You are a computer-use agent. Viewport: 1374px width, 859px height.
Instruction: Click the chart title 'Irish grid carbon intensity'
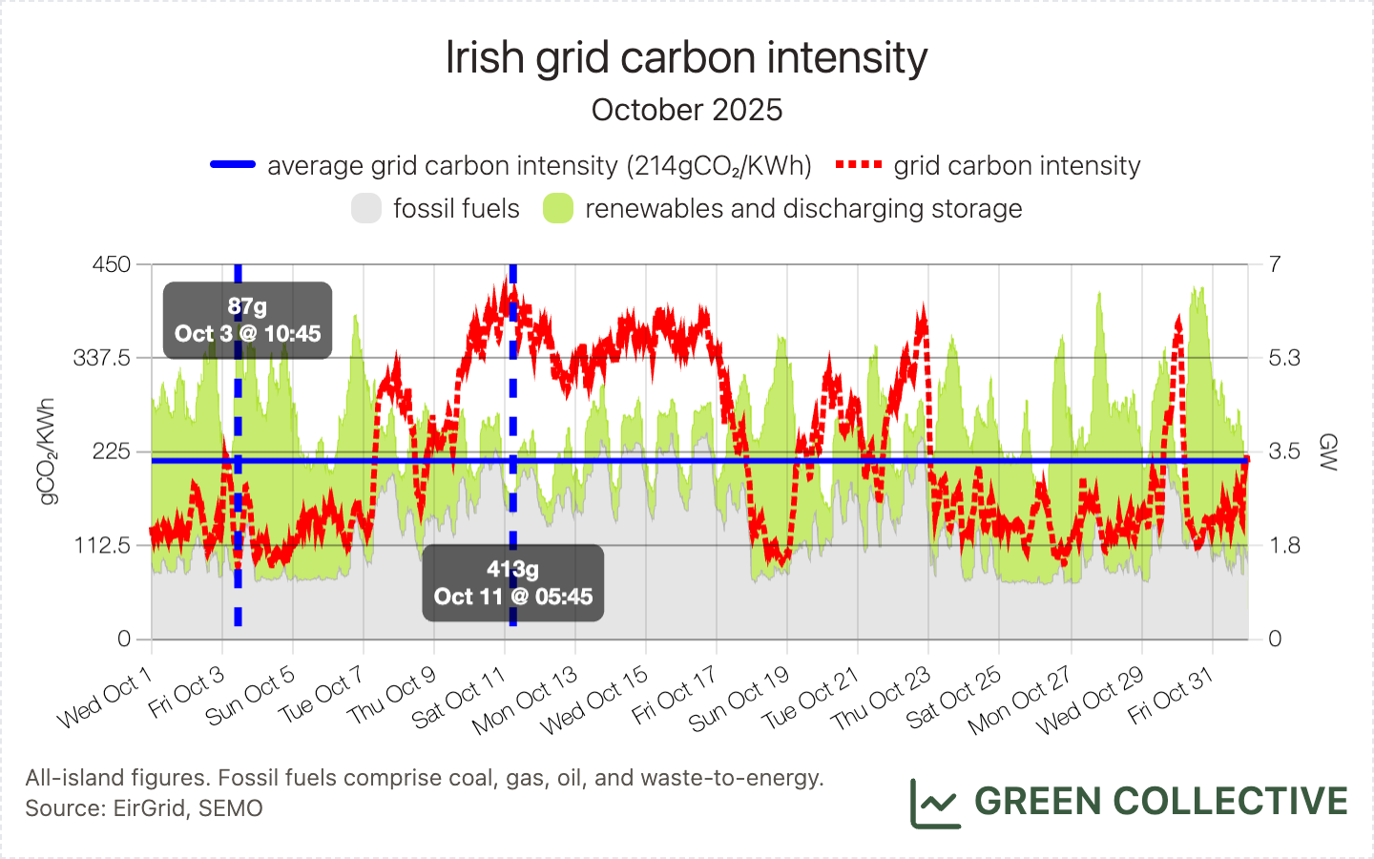(686, 58)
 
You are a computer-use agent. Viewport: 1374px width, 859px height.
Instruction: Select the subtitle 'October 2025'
(686, 110)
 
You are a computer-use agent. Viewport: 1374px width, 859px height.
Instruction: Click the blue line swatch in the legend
(233, 165)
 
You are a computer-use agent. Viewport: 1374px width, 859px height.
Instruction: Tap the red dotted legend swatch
(858, 165)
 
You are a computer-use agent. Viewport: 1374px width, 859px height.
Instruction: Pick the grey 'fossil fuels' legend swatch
(366, 208)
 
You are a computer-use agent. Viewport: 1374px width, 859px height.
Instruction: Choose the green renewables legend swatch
(558, 208)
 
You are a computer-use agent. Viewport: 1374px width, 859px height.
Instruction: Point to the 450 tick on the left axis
(111, 264)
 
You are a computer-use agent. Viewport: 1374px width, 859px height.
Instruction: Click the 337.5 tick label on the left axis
(101, 358)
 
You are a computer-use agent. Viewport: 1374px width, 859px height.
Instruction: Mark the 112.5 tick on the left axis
(101, 545)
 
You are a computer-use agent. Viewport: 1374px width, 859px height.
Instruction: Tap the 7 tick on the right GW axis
(1275, 264)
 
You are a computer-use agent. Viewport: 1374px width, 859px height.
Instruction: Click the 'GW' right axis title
(1328, 451)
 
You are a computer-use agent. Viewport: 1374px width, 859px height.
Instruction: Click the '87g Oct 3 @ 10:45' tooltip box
(247, 321)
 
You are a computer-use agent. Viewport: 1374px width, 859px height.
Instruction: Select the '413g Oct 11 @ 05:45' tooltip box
(513, 583)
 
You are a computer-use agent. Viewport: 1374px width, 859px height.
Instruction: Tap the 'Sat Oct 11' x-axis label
(460, 700)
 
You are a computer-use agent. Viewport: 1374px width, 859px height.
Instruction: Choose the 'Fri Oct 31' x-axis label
(1171, 696)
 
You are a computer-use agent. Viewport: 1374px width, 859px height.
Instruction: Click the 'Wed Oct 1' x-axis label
(105, 700)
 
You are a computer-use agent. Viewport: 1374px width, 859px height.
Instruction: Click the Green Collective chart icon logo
(935, 803)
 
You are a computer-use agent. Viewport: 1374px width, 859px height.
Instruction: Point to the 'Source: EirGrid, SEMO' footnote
(144, 808)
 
